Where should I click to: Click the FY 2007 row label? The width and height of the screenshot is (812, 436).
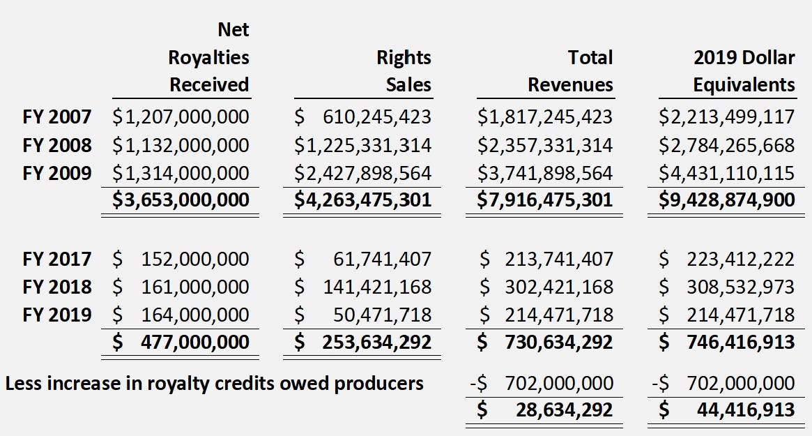[56, 117]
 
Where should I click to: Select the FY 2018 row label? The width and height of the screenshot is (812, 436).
[56, 287]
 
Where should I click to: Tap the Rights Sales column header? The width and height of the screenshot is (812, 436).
[404, 71]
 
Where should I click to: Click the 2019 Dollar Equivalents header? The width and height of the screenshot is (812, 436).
[744, 71]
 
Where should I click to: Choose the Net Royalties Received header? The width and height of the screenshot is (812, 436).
[208, 57]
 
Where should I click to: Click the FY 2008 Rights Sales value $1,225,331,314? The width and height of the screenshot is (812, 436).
[362, 145]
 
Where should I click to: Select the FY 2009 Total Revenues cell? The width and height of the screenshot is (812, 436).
[545, 173]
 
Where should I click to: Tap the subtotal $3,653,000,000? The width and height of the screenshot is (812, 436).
[181, 200]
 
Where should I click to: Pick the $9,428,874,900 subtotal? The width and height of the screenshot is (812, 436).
[727, 200]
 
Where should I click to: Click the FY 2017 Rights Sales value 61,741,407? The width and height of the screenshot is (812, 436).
[382, 260]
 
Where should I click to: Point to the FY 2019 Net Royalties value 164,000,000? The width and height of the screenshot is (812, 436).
[194, 315]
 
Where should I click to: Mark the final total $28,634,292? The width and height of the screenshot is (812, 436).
[565, 409]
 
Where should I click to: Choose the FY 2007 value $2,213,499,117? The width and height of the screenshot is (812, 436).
[727, 117]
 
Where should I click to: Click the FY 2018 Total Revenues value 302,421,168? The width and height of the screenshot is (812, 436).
[559, 287]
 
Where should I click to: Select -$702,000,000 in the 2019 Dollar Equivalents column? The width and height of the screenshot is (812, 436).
[723, 383]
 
